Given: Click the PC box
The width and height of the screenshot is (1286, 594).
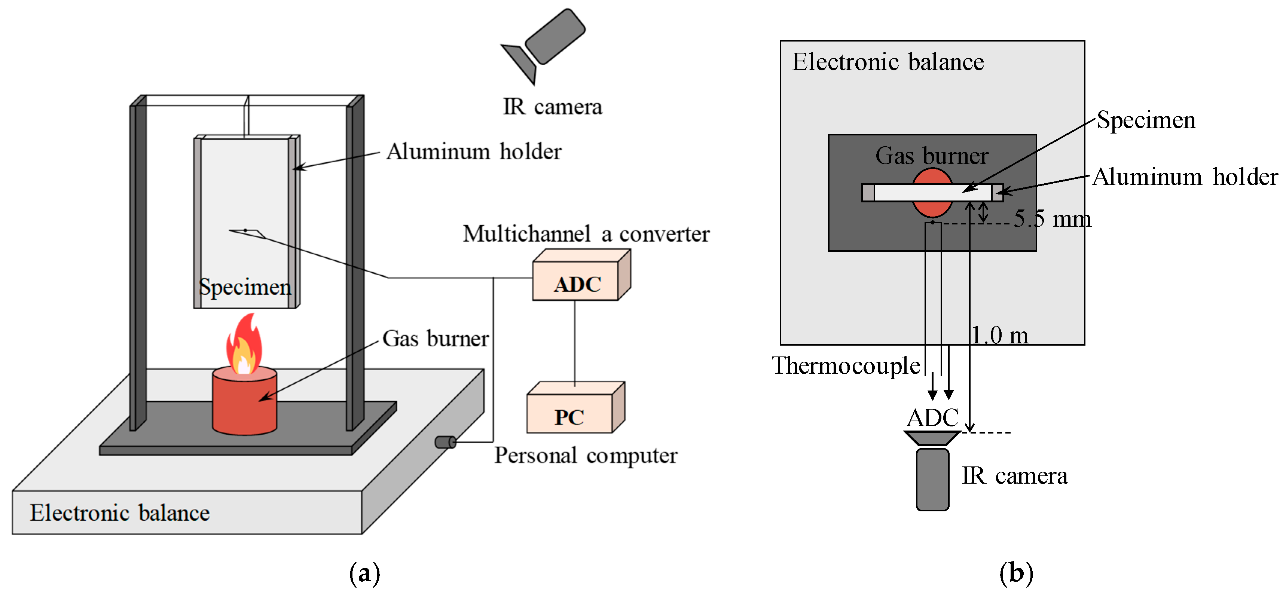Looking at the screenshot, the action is tap(575, 408).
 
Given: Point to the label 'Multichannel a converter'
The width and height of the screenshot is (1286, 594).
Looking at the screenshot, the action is tap(586, 234).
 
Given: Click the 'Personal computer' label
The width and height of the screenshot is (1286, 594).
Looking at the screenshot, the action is tap(586, 456).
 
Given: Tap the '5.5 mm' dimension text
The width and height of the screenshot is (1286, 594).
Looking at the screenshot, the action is tap(1052, 218).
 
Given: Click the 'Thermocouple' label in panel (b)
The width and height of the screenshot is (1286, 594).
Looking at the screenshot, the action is tap(846, 366).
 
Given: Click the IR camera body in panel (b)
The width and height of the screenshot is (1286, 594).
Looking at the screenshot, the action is tap(932, 479).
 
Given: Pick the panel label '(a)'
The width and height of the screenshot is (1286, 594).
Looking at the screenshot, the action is tap(364, 573).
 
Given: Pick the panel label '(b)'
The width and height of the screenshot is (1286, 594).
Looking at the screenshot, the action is tap(1016, 573).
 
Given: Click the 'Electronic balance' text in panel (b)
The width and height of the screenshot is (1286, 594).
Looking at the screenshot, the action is tap(888, 62).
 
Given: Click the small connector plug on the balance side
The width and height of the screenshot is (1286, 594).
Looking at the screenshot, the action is tap(445, 442).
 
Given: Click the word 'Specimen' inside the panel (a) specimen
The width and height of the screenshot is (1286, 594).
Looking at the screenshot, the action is tap(245, 287).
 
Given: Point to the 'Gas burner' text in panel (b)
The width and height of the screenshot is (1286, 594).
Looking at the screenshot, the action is tap(932, 156).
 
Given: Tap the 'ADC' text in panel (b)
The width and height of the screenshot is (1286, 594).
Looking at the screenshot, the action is tap(932, 418).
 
